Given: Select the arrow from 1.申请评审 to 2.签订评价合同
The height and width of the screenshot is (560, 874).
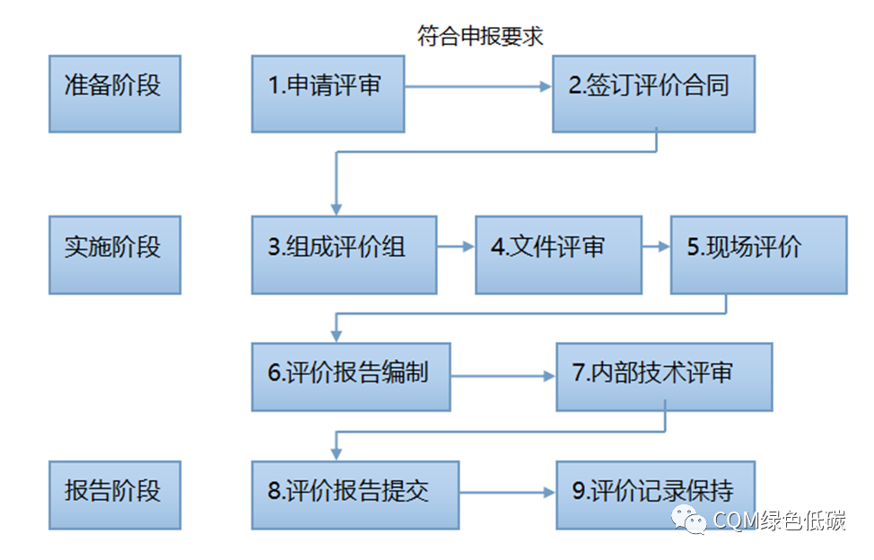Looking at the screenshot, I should tap(477, 87).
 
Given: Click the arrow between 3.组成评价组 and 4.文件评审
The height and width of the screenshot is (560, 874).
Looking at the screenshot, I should tap(456, 247).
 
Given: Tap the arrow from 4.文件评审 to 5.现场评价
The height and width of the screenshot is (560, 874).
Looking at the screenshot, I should tap(656, 247).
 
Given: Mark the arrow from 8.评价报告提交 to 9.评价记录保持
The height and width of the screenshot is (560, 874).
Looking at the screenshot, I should tap(507, 493).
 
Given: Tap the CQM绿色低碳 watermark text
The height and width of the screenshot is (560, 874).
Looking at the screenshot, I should tap(779, 522).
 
